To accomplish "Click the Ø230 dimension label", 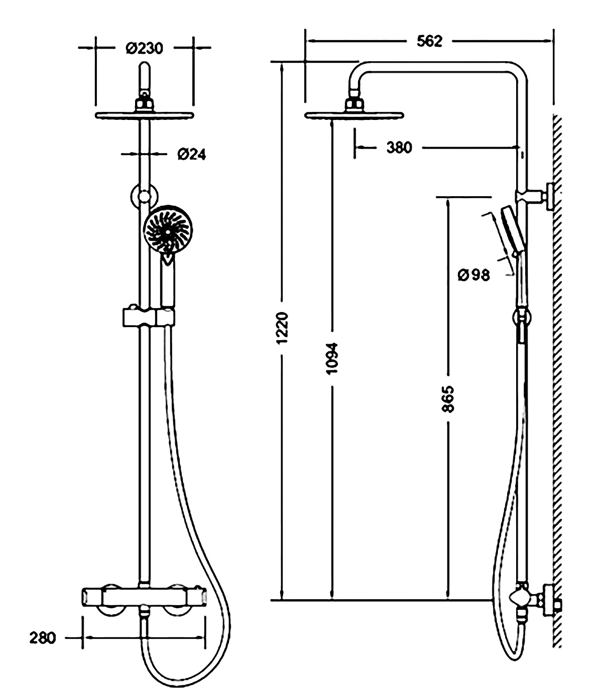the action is click(x=145, y=49).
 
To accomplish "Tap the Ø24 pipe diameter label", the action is click(x=192, y=154).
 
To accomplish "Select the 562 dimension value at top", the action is click(x=429, y=41).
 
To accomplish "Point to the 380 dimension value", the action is click(x=399, y=147).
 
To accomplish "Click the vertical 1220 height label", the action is click(x=282, y=328).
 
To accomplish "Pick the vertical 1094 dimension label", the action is click(x=332, y=358).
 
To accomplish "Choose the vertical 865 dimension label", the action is click(x=447, y=399).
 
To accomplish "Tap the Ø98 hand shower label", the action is click(x=473, y=275).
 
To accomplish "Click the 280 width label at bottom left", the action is click(x=43, y=638).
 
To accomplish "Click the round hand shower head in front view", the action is click(x=168, y=229).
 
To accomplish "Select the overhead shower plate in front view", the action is click(x=144, y=115).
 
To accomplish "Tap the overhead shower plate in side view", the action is click(x=354, y=115).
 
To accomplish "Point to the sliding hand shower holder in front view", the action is click(x=149, y=317).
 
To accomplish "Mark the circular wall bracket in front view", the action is click(x=144, y=197).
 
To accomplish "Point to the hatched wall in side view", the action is click(x=557, y=381).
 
